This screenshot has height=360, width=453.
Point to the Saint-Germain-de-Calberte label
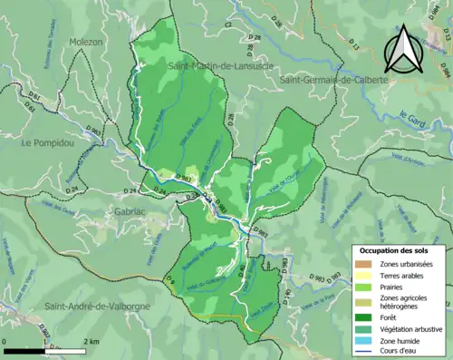pos(334,81)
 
